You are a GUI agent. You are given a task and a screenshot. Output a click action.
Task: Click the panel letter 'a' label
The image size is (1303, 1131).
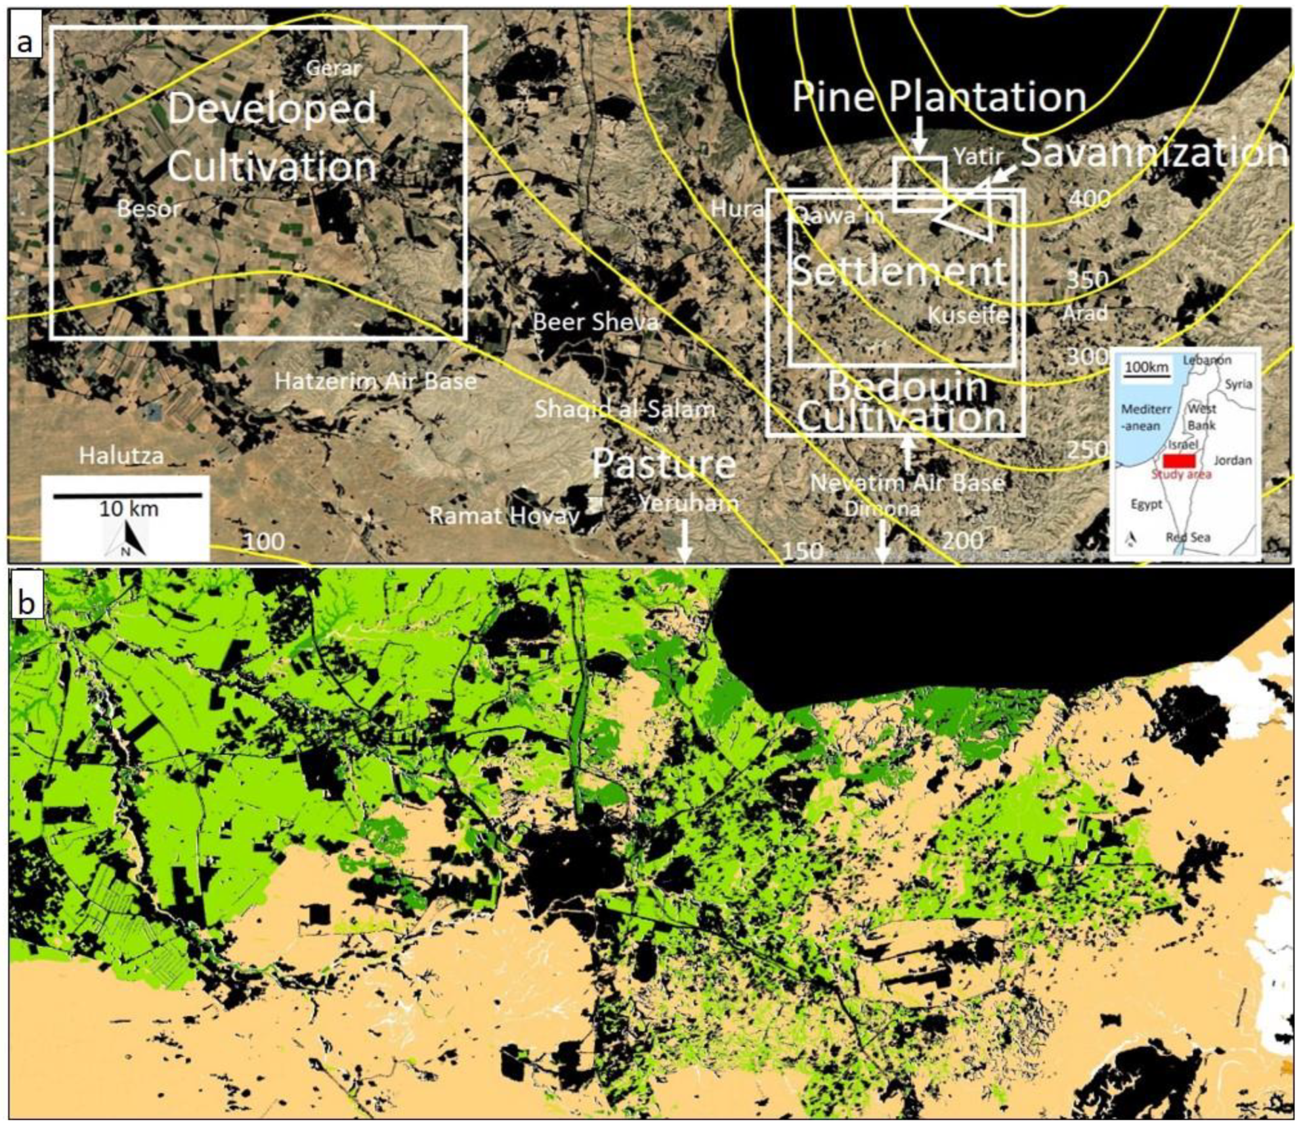coord(25,43)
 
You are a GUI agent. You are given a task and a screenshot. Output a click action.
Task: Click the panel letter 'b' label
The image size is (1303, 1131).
coord(26,602)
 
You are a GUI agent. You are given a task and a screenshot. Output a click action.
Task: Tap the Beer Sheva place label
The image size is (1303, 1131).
coord(595,322)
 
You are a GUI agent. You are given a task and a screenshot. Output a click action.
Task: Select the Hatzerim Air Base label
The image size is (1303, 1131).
coord(375,381)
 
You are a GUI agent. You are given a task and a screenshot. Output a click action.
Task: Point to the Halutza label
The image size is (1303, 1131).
coord(121,456)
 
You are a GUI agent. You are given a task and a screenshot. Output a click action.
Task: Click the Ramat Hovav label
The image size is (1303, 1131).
coord(504,515)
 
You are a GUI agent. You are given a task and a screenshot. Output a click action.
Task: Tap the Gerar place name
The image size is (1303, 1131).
coord(333,68)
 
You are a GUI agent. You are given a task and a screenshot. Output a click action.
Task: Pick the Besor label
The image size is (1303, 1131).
coord(148,209)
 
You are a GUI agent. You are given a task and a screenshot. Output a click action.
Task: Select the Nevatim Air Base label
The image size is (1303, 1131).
coord(907,483)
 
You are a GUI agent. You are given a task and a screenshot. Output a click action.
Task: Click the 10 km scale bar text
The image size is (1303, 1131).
coord(129,509)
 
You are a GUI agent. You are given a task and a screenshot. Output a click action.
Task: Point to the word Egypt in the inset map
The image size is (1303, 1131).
coord(1146,504)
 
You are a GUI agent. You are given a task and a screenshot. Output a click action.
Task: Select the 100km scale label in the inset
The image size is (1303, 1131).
coord(1146,366)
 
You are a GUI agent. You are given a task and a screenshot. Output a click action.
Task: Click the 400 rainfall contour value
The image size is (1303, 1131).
coord(1089,198)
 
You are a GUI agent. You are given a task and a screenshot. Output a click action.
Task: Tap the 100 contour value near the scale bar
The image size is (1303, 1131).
coord(264,542)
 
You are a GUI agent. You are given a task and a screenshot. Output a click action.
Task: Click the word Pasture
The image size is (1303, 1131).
coord(663,463)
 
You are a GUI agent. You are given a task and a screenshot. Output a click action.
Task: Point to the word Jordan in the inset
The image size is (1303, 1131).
coord(1232,460)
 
